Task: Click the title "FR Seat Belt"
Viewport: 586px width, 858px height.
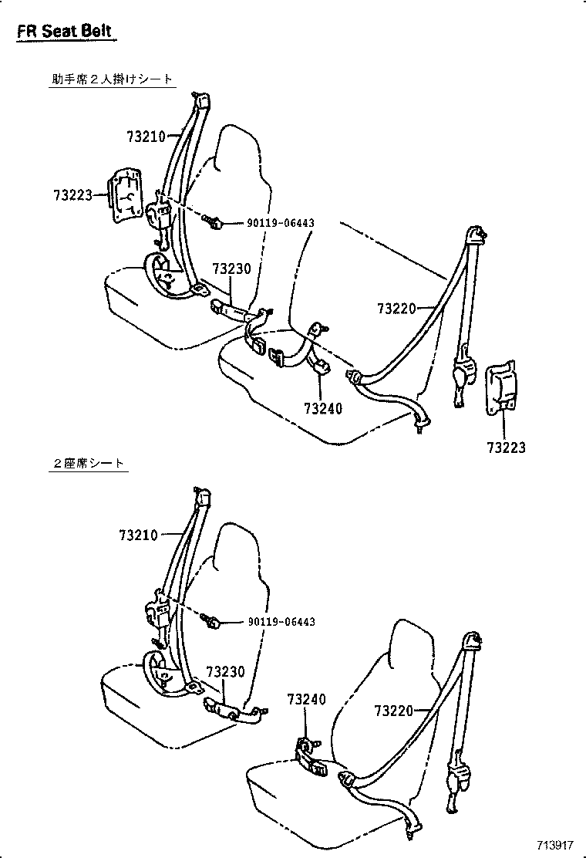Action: coord(65,32)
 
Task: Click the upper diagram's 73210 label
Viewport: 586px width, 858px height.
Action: coord(146,137)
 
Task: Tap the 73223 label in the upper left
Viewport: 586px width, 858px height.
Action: coord(73,196)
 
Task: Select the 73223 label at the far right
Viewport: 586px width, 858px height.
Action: coord(506,447)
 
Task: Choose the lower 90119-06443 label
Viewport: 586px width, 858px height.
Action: coord(281,622)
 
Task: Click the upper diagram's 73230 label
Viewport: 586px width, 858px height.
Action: coord(231,269)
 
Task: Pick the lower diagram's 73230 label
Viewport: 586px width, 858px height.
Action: coord(224,672)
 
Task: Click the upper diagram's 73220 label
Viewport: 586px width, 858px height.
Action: coord(396,309)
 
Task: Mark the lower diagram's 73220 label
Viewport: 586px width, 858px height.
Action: coord(394,711)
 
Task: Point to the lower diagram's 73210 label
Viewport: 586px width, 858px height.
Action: coord(139,535)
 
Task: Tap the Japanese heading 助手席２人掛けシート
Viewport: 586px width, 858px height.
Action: coord(107,79)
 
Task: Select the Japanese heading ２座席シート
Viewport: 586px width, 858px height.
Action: coord(87,463)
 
